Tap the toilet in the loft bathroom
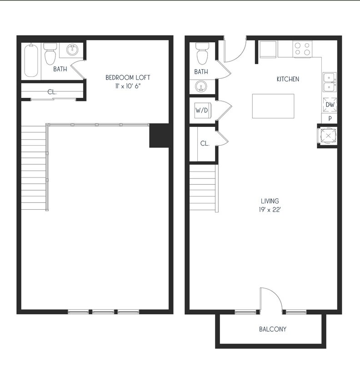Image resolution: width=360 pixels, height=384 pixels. [x=50, y=55]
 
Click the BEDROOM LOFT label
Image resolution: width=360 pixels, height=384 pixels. [x=127, y=77]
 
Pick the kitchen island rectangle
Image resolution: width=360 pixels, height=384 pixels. [x=273, y=106]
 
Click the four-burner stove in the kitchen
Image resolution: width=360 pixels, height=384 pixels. [x=302, y=49]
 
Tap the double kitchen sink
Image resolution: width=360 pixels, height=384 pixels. [x=330, y=82]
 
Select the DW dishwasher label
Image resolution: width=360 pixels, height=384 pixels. [x=330, y=105]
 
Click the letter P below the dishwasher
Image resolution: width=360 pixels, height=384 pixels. [x=330, y=118]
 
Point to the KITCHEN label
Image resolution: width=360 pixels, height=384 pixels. [x=288, y=79]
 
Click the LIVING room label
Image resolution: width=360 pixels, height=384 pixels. [x=270, y=201]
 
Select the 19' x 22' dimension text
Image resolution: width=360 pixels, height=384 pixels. [x=270, y=210]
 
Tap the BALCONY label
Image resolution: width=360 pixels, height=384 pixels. [x=273, y=329]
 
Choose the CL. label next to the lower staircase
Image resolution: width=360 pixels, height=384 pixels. [x=205, y=143]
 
